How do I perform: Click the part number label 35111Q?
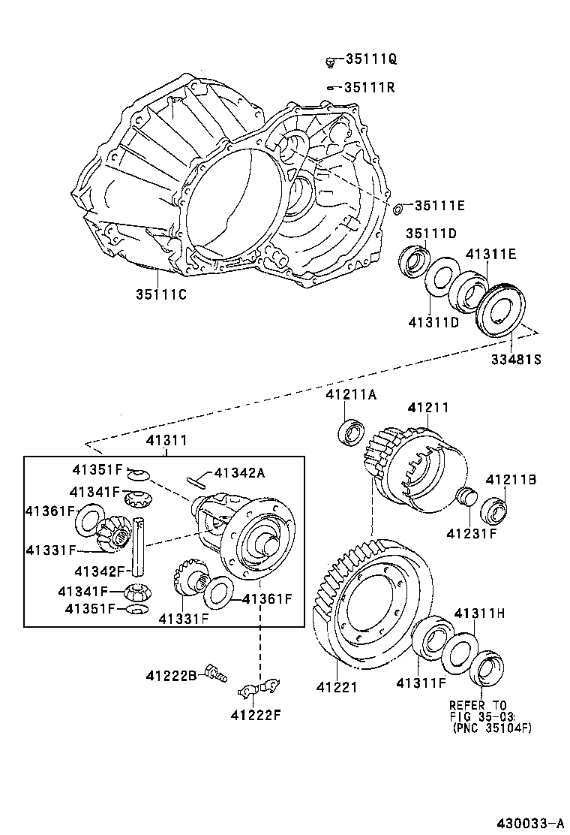[x=370, y=59]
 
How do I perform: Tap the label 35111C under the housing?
[x=160, y=294]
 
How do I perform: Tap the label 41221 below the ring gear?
[x=336, y=686]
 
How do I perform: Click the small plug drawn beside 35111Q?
[x=330, y=60]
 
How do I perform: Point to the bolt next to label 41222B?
[x=215, y=675]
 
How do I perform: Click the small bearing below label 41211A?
[x=352, y=434]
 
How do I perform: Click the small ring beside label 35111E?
[x=398, y=206]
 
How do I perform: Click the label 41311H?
[x=479, y=613]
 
